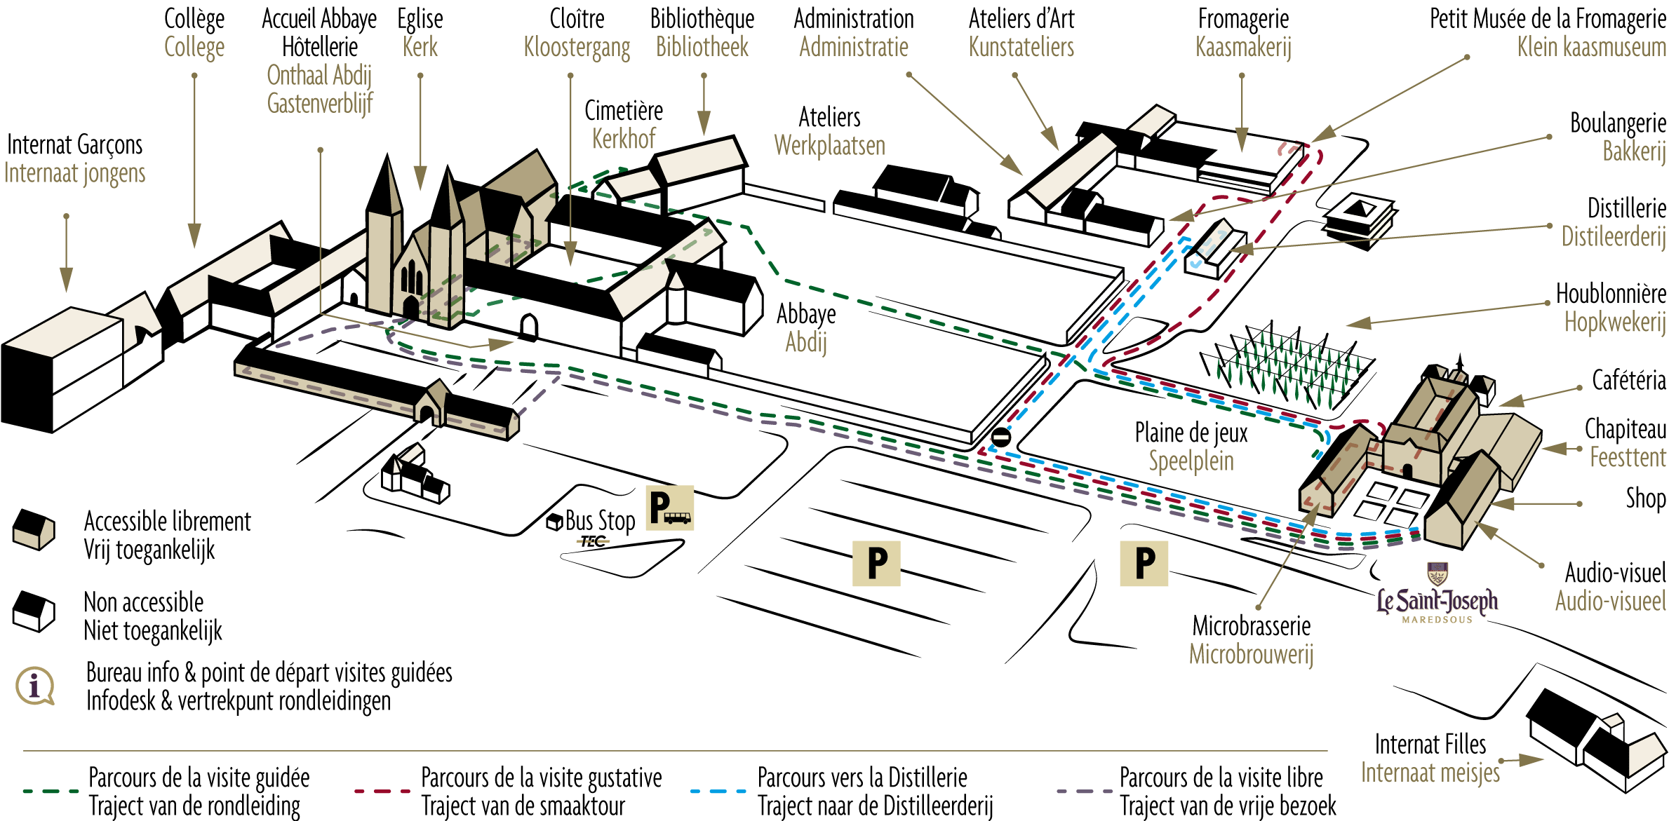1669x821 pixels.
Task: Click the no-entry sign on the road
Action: [1000, 438]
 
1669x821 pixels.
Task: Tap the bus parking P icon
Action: [670, 507]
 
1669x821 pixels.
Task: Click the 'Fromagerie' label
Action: [1243, 20]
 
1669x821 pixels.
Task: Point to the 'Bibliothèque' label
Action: [702, 20]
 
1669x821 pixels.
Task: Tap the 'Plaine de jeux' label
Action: [1191, 433]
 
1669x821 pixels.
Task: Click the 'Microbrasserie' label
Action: [1252, 626]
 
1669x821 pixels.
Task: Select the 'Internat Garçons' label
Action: [74, 146]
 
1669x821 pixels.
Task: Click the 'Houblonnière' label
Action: [1611, 294]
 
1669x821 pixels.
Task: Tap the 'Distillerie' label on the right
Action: [1626, 209]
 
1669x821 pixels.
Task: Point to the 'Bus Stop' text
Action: [600, 521]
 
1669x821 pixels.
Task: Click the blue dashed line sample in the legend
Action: [718, 791]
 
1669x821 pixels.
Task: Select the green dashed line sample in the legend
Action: [51, 791]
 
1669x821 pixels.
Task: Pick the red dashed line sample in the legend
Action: [382, 791]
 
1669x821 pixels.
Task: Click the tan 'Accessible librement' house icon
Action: [33, 529]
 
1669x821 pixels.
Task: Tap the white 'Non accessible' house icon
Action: [33, 611]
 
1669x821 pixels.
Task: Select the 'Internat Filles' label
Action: [1430, 745]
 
